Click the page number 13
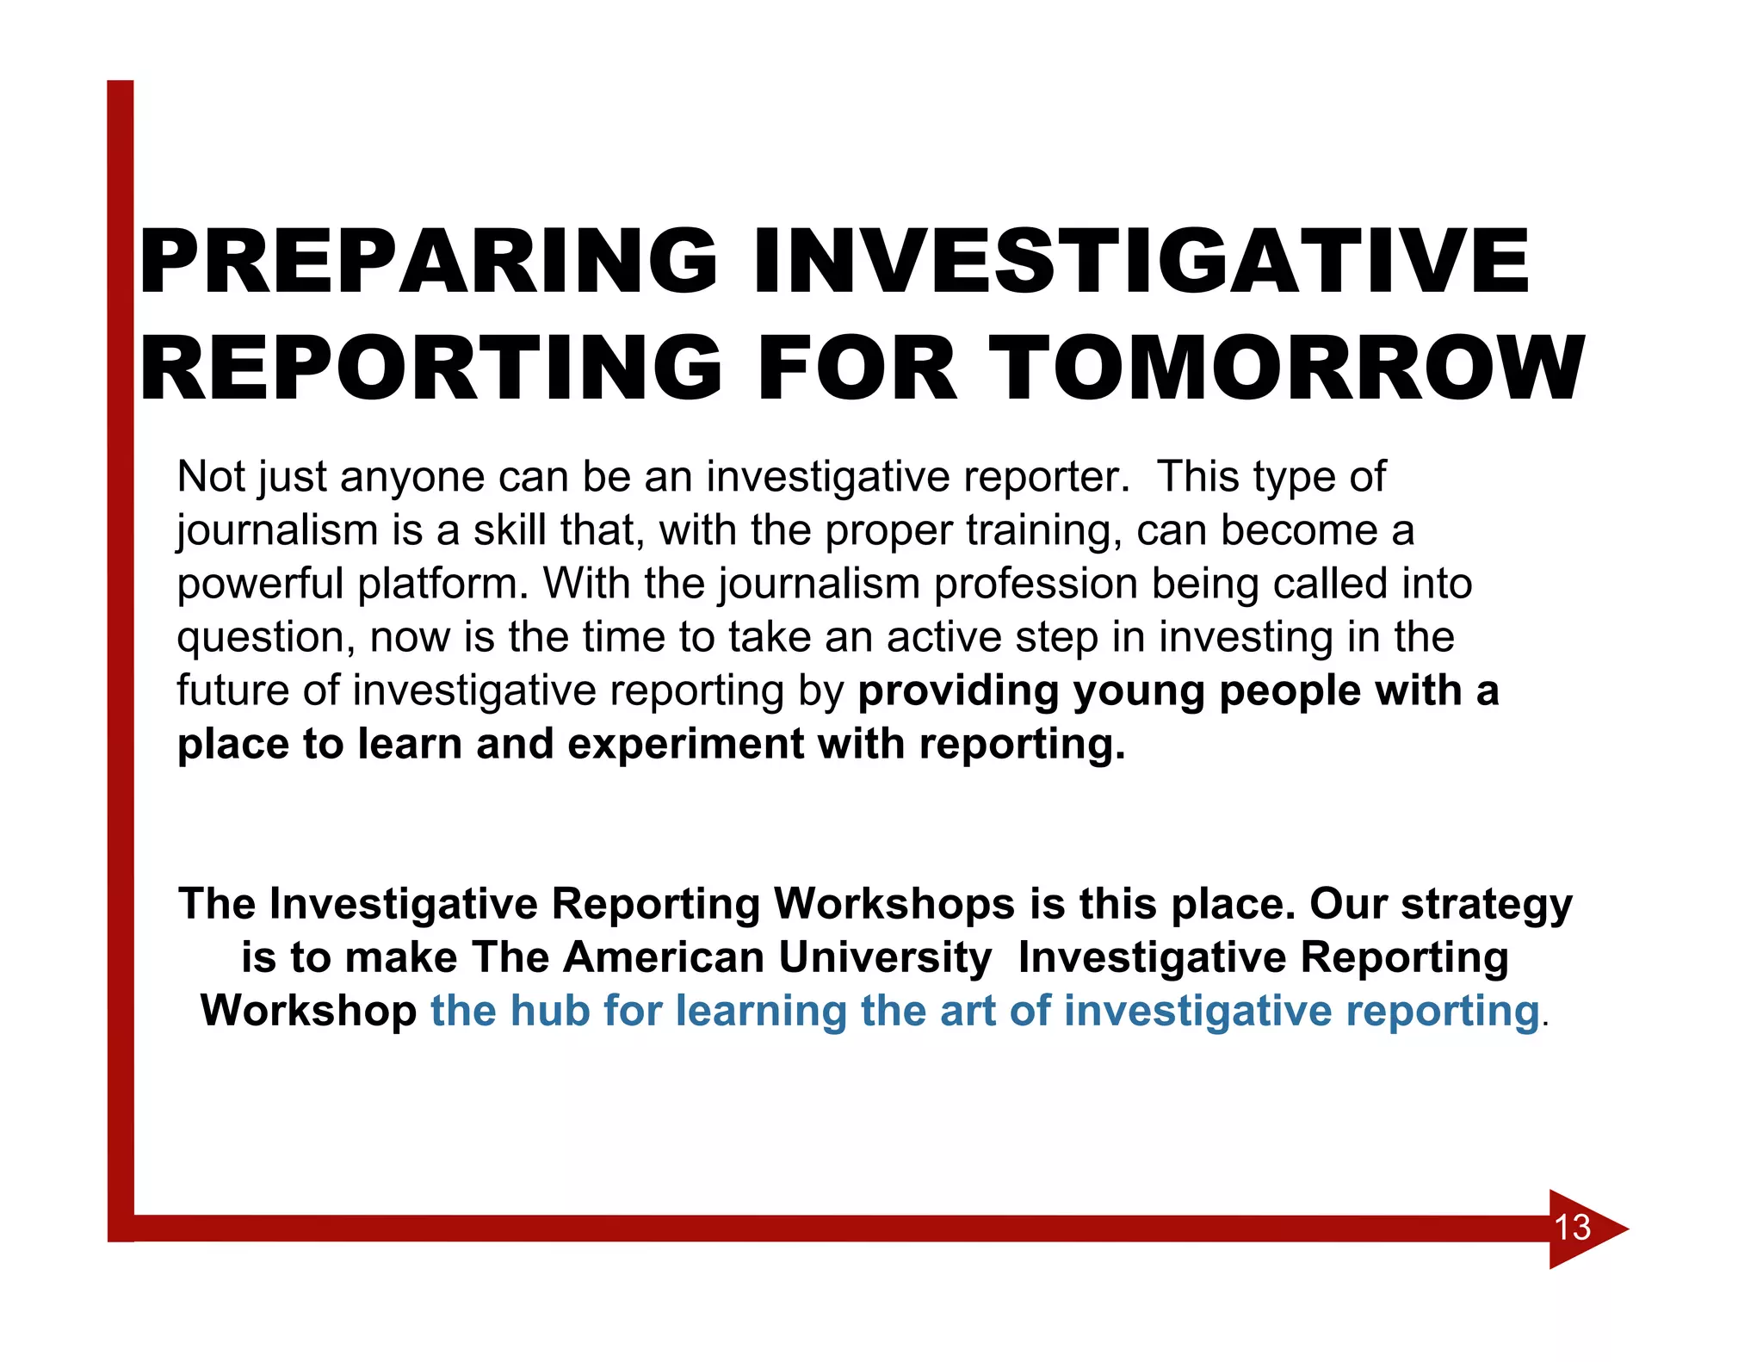point(1572,1228)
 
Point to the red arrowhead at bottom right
point(1593,1229)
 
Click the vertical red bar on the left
point(121,646)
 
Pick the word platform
point(439,585)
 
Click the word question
point(266,639)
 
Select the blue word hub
point(550,1011)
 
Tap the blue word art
point(968,1011)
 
